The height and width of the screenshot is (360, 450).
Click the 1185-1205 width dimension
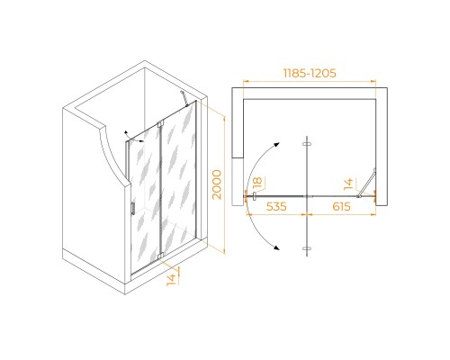(x=310, y=73)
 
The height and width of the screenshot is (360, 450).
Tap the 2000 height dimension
(x=217, y=184)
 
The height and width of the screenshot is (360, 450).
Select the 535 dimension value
(x=276, y=206)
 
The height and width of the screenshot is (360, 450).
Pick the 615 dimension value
(x=341, y=206)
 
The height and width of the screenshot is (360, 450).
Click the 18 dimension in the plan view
(x=257, y=184)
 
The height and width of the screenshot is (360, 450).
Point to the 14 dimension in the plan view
(x=348, y=184)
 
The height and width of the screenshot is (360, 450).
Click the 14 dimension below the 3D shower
(x=171, y=280)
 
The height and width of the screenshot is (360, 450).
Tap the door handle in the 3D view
(x=132, y=208)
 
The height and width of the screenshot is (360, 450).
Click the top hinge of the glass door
(x=160, y=123)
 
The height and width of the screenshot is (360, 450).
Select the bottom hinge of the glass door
(x=160, y=256)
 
